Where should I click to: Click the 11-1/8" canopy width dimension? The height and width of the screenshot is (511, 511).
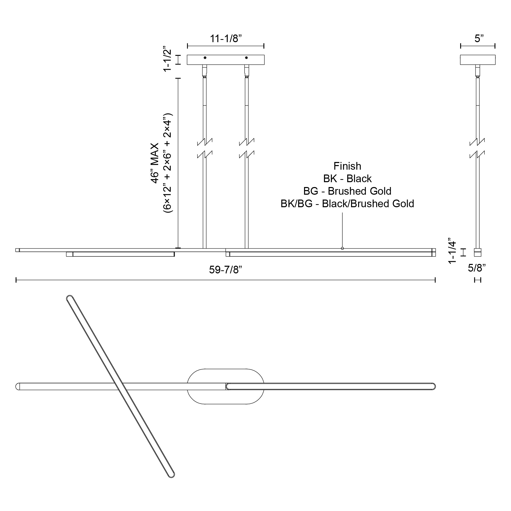(226, 39)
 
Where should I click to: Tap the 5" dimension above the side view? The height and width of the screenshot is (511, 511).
(479, 39)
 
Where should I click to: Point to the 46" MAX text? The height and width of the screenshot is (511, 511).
(155, 163)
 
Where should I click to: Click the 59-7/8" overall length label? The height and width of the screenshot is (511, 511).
(225, 270)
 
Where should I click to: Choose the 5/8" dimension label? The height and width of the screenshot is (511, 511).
(477, 268)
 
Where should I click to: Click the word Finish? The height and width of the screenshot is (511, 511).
(347, 166)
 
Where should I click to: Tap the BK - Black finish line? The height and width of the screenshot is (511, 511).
(347, 179)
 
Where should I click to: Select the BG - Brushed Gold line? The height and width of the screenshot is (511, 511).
(347, 191)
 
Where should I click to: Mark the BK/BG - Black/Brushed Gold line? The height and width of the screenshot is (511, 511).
(347, 204)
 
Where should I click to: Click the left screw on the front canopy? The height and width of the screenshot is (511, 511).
(205, 57)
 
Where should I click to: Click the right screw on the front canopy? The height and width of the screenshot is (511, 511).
(246, 57)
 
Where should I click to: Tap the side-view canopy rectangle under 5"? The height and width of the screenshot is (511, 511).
(478, 60)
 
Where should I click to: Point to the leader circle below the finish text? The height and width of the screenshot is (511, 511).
(342, 248)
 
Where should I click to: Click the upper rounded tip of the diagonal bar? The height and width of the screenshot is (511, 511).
(69, 298)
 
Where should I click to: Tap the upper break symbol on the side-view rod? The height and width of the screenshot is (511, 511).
(477, 142)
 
